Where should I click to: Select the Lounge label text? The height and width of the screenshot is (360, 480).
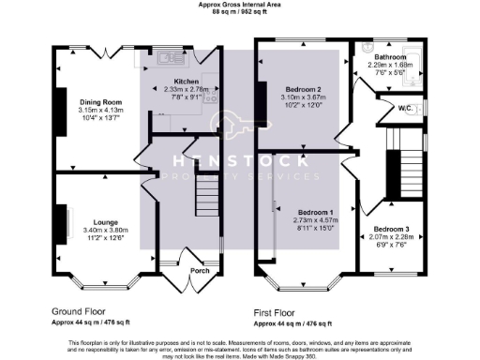(92, 222)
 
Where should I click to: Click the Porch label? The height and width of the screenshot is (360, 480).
(200, 271)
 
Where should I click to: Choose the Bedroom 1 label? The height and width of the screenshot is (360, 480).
(314, 212)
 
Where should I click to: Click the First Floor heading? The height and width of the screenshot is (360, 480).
(277, 310)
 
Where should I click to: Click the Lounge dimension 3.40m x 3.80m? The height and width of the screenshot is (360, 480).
(92, 230)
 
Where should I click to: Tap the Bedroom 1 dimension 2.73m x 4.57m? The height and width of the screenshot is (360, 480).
(314, 219)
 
